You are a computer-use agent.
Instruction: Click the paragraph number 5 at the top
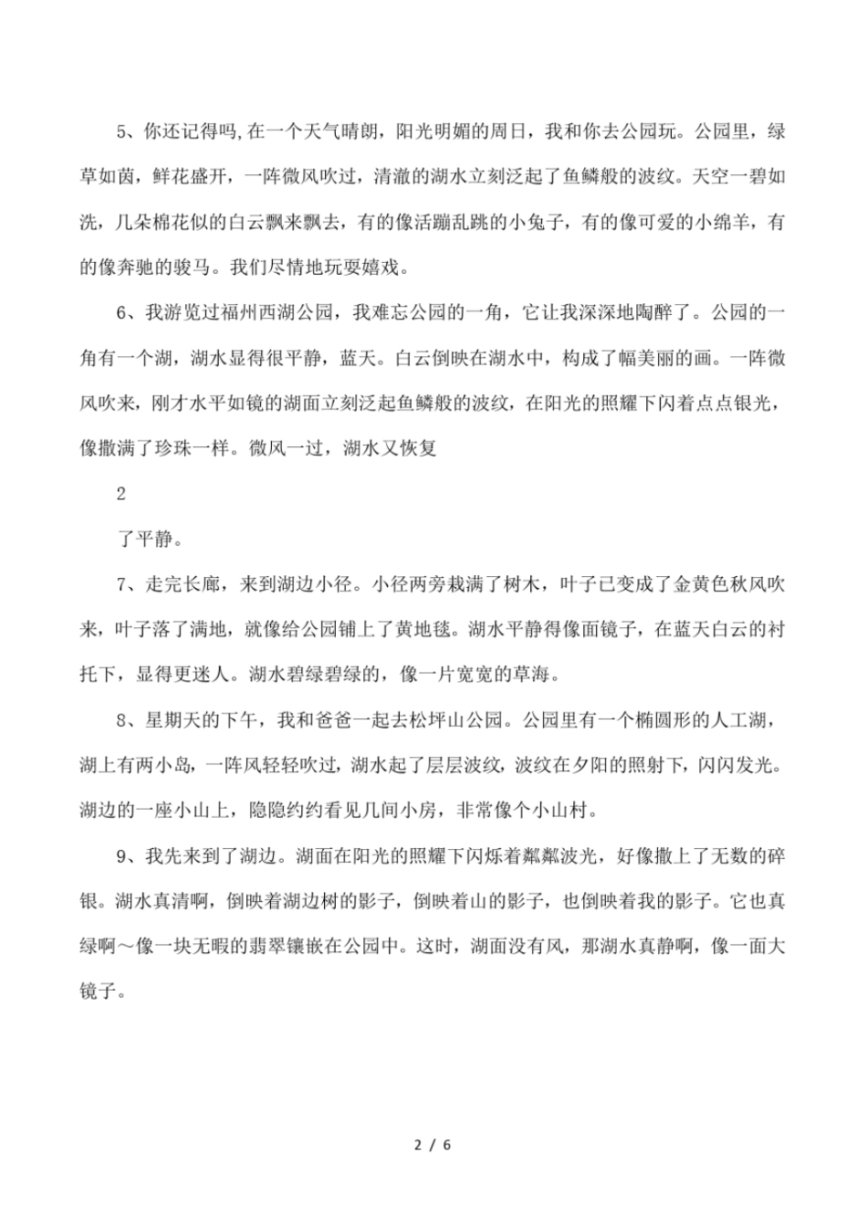click(x=122, y=131)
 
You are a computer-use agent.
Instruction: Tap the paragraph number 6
click(x=122, y=313)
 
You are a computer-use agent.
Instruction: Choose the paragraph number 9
click(x=122, y=857)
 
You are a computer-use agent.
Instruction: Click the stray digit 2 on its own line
click(x=121, y=494)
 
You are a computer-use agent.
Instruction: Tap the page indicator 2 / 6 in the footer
click(x=433, y=1144)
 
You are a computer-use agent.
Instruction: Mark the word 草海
click(x=535, y=676)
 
